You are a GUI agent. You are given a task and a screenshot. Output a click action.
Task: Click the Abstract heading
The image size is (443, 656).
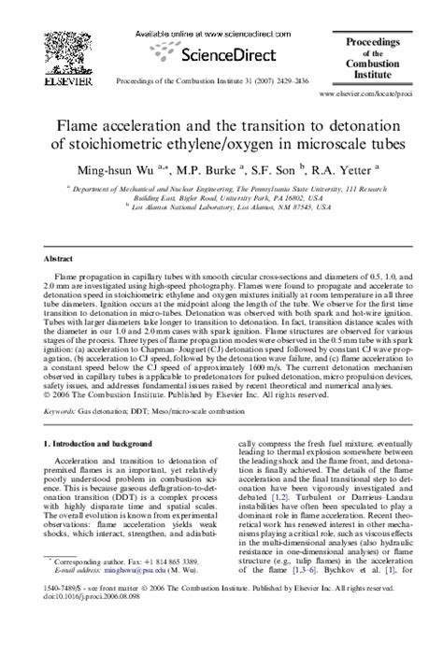[61, 257]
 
